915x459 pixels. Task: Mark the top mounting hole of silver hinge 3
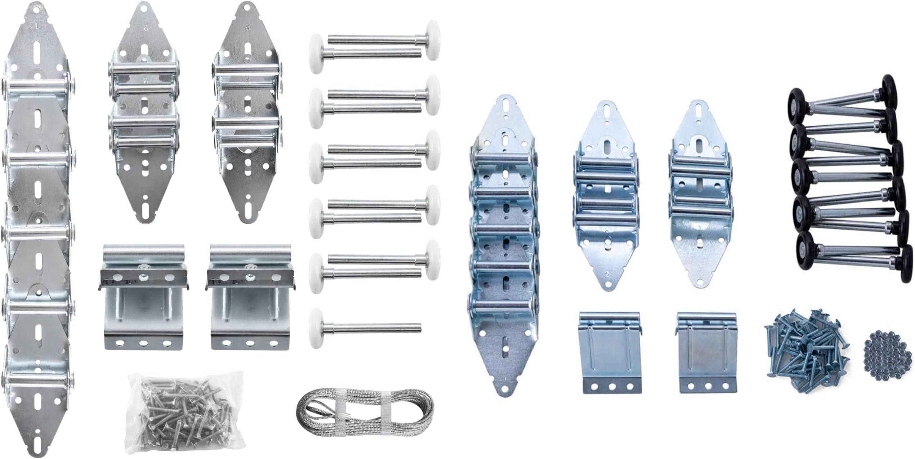(x=247, y=6)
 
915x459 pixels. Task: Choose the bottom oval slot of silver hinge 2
(x=144, y=209)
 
